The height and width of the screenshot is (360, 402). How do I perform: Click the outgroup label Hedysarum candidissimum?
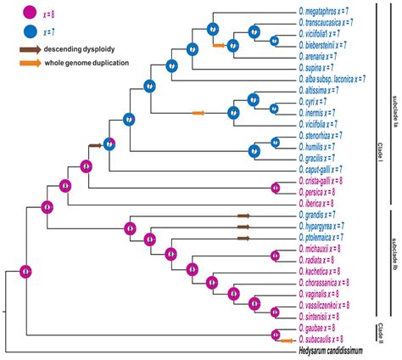click(330, 350)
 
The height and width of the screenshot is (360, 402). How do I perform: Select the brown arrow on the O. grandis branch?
click(245, 215)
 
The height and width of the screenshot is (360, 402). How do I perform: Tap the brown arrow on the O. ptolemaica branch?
click(245, 238)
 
